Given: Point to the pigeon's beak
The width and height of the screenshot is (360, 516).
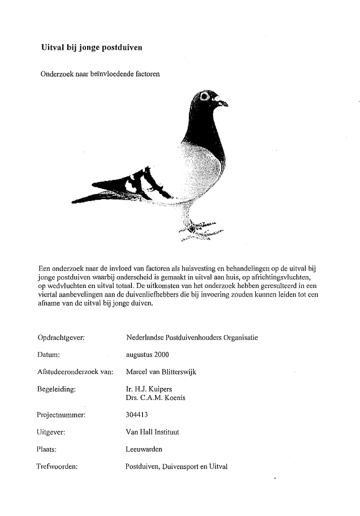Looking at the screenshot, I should (224, 104).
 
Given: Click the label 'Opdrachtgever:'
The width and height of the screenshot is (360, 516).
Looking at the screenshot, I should (61, 338).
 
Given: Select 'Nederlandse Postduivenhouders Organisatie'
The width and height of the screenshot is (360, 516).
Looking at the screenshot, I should (192, 338).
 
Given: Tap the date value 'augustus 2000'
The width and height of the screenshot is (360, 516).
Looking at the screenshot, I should (147, 355).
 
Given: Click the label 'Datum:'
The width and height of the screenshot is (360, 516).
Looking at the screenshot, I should (49, 355).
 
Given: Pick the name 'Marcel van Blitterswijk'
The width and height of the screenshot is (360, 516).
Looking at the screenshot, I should (161, 372).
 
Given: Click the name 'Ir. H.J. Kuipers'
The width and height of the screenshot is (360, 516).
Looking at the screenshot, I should (149, 390).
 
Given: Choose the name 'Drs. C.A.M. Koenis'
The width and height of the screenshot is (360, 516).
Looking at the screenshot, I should (156, 398).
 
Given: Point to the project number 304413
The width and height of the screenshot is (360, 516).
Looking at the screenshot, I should (137, 415).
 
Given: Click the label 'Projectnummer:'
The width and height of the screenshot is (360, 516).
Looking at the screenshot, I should (61, 415).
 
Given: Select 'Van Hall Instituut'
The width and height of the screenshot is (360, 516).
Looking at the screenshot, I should (152, 432).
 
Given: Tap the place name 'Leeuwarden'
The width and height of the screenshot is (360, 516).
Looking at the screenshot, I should (144, 449).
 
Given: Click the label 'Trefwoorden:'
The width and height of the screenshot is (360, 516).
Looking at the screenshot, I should (57, 467).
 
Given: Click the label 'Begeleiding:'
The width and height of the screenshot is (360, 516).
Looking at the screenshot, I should (57, 390).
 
